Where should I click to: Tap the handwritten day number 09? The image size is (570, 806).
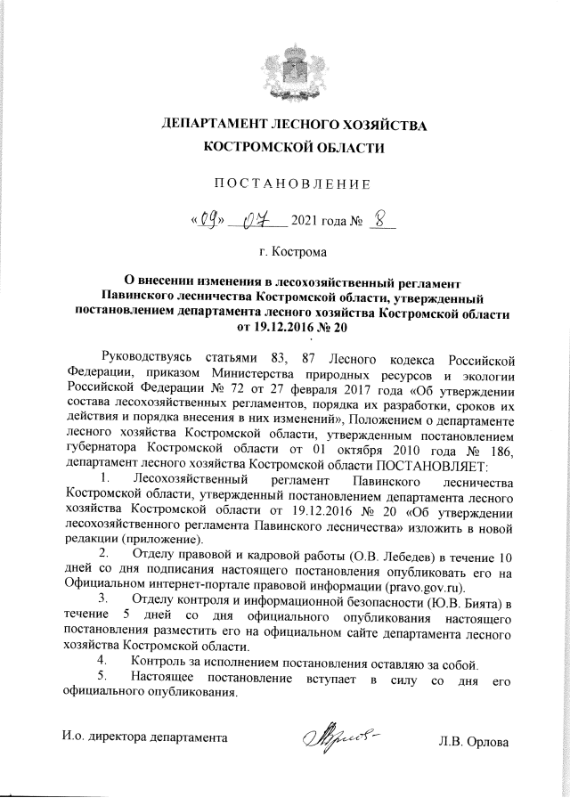coord(209,218)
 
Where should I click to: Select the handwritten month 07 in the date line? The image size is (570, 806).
coord(259,218)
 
